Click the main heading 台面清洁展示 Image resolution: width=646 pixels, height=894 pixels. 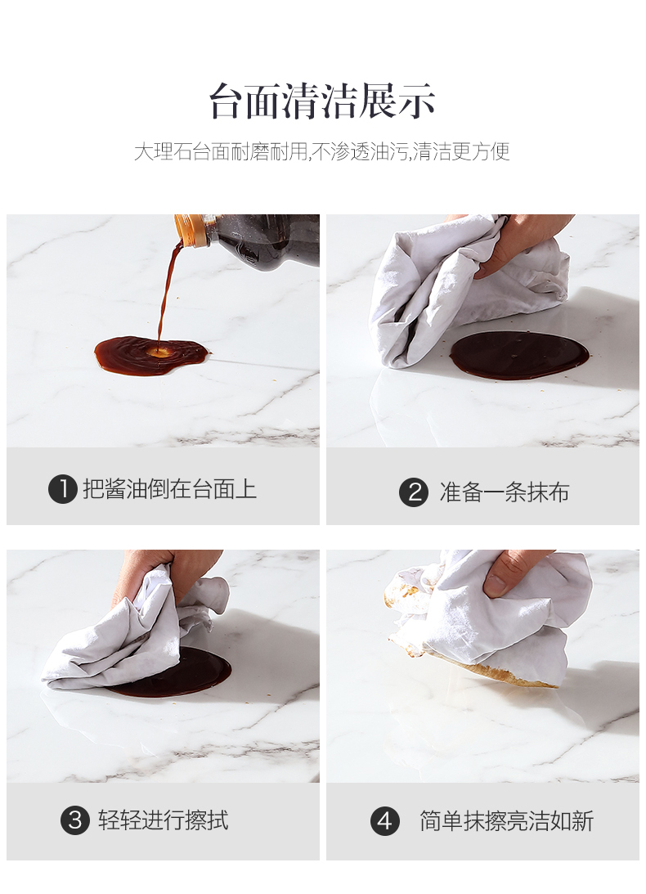323,101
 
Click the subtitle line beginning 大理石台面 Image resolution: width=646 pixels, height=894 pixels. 322,151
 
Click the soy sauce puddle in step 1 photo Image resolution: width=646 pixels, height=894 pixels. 150,355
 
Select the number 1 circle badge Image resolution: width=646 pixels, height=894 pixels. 63,489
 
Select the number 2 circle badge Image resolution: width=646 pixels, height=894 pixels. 414,492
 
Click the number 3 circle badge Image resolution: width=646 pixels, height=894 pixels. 75,820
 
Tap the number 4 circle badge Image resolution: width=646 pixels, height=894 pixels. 385,821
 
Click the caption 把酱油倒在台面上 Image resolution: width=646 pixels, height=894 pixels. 169,489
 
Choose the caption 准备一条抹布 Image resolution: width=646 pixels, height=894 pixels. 504,492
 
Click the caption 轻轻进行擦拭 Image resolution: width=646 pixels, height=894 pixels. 163,820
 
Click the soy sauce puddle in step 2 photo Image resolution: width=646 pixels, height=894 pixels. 519,355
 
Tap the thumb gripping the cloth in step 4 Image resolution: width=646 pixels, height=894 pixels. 502,576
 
